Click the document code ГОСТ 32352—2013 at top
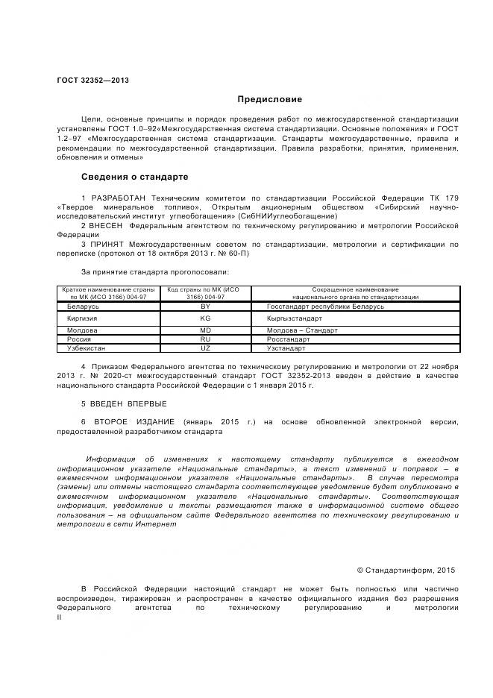coord(92,81)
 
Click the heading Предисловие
coord(270,99)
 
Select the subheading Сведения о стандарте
coord(134,177)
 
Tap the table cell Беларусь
coord(83,306)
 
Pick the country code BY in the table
coord(206,306)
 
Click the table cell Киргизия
coord(82,318)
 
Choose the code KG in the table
coord(206,318)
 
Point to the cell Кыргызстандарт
coord(295,318)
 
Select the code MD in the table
coord(206,330)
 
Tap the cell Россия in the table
coord(79,339)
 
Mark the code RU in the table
coord(206,339)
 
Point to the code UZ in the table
coord(206,348)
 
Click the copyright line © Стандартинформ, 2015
coord(405,569)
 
